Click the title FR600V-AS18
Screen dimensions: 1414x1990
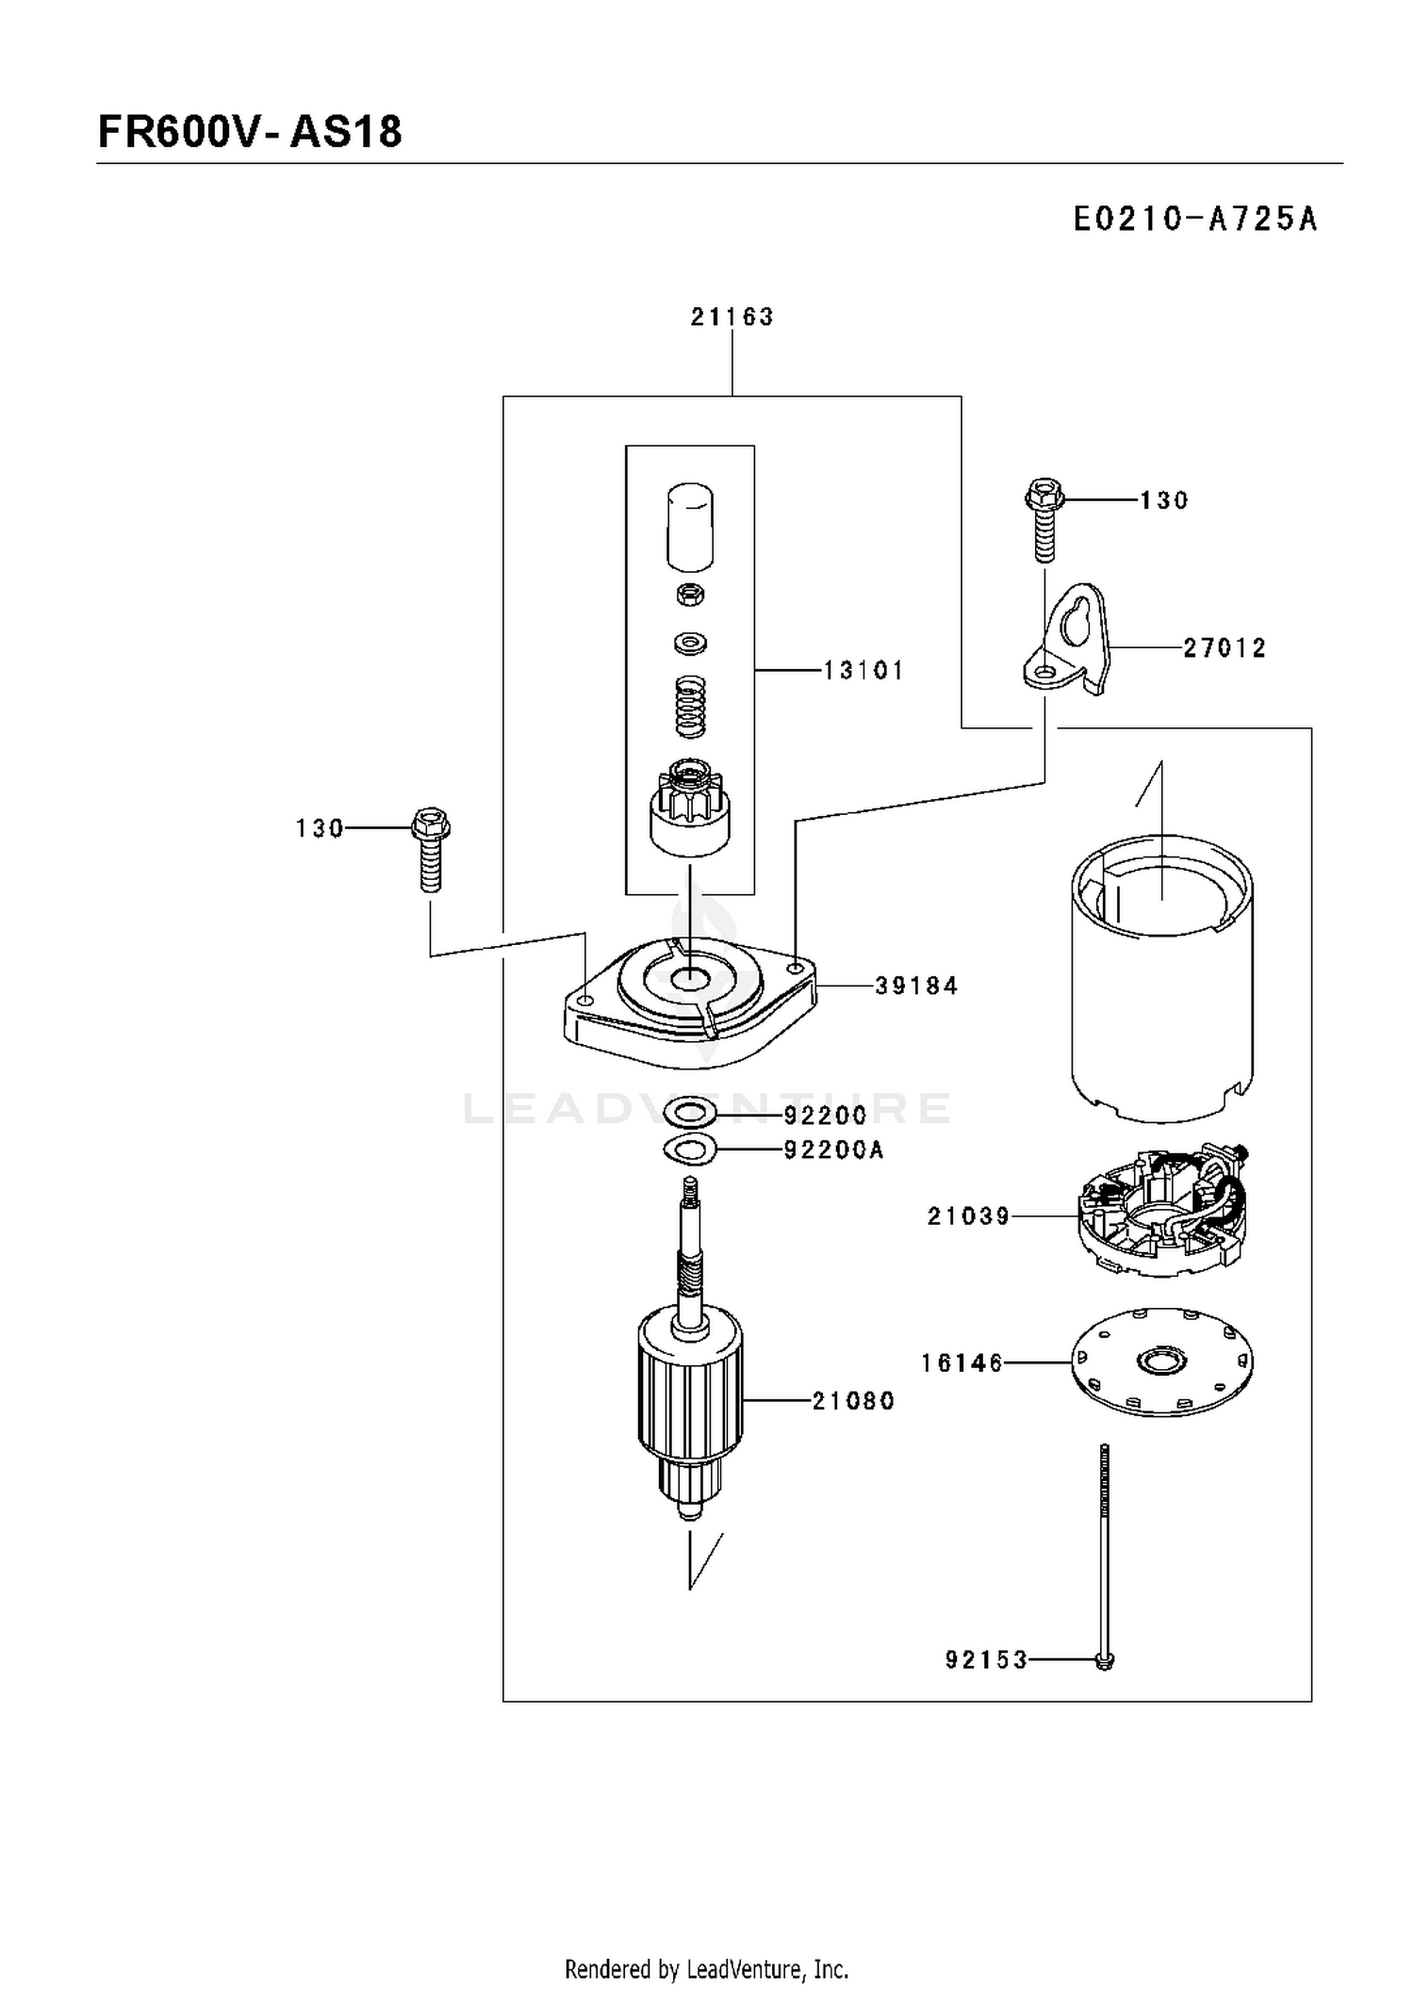click(x=250, y=132)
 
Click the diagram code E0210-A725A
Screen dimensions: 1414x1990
click(x=1195, y=219)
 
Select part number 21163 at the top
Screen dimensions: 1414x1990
click(x=732, y=317)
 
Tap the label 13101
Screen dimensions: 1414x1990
click(x=863, y=670)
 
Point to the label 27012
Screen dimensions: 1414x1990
click(x=1225, y=647)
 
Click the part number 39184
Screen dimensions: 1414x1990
click(x=916, y=986)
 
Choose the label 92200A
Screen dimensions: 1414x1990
click(x=833, y=1150)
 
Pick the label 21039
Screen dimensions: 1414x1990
click(x=968, y=1216)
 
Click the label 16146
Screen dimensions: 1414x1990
click(x=962, y=1363)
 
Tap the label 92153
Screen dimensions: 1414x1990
click(x=986, y=1659)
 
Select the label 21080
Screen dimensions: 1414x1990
click(x=853, y=1401)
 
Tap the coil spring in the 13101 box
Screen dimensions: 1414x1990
click(x=691, y=708)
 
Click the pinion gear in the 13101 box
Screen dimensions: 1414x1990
click(x=690, y=807)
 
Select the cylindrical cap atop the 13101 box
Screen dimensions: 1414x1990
click(x=690, y=528)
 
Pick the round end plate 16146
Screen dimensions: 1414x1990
click(x=1162, y=1362)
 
